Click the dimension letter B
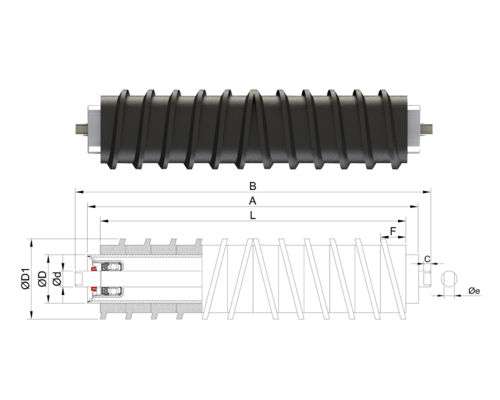click(253, 186)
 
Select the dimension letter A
click(253, 201)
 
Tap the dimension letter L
click(253, 216)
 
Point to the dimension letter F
click(393, 231)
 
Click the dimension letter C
click(427, 258)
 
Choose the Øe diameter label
click(474, 290)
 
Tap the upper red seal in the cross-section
click(93, 269)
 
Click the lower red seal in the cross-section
click(93, 289)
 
